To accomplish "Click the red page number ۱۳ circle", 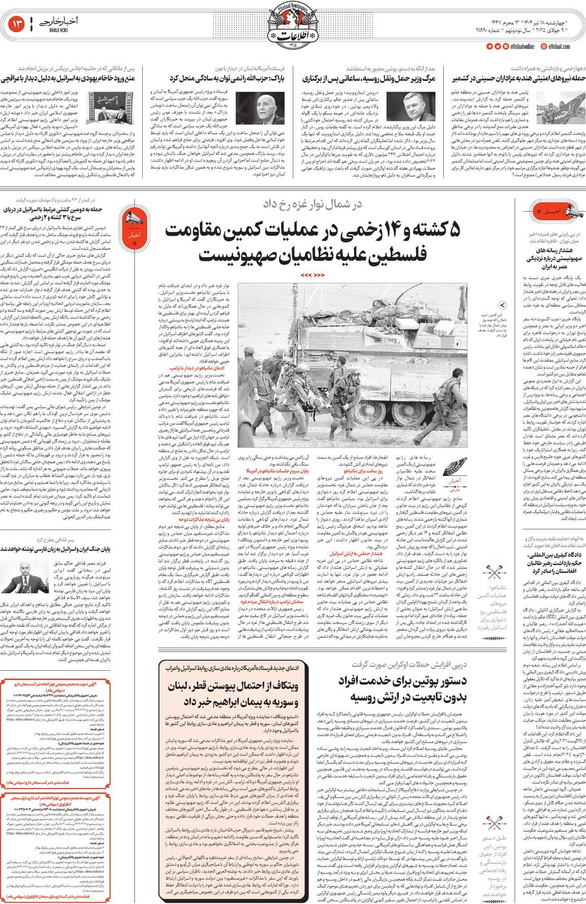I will click(16, 25).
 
